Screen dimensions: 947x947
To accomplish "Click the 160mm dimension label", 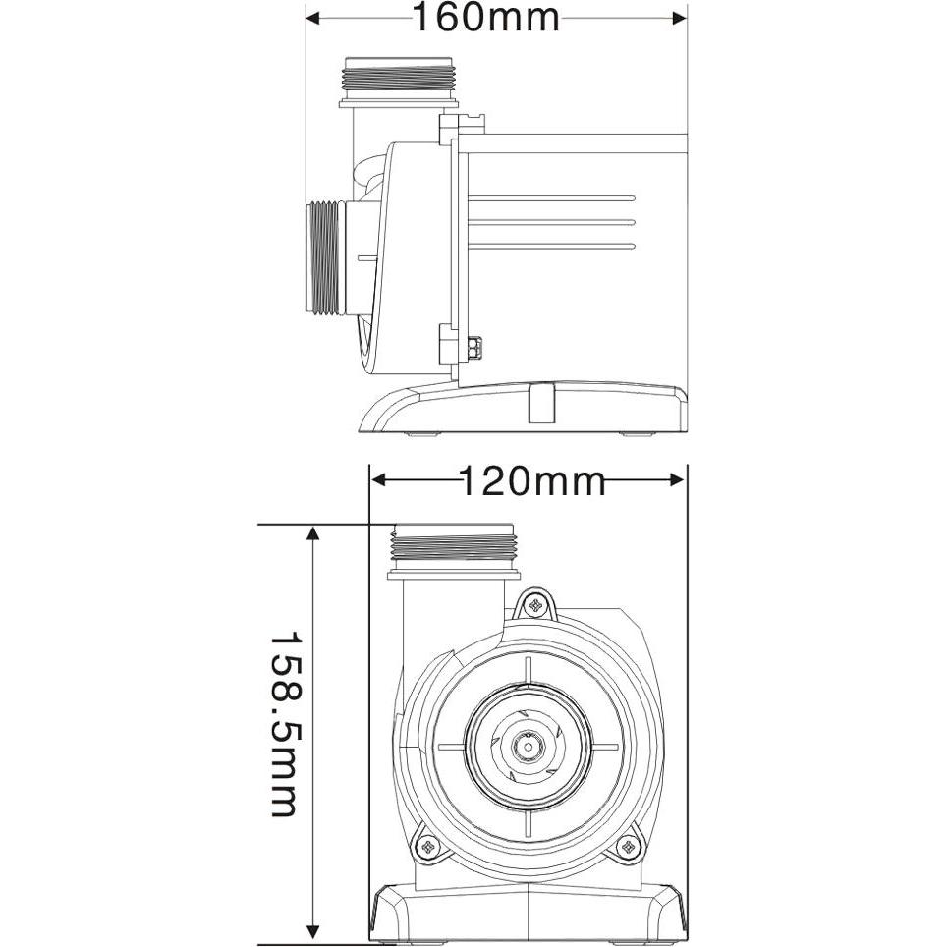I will point(484,17).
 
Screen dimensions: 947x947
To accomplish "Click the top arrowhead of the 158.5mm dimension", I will point(313,533).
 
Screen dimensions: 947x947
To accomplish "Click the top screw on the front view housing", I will point(534,605).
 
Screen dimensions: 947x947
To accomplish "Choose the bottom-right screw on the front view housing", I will point(626,846).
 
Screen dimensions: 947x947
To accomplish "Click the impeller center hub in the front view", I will point(528,745).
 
